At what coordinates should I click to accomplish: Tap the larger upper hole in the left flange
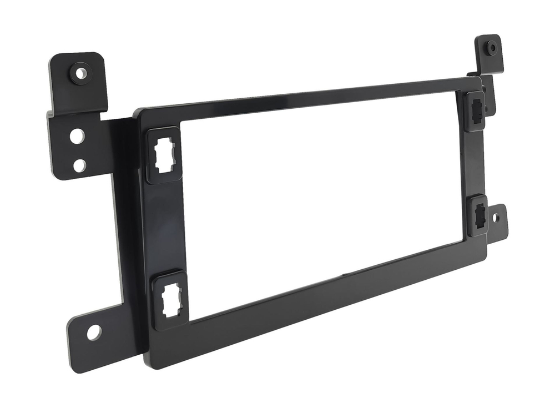pyautogui.click(x=77, y=135)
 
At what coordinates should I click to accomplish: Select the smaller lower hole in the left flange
pyautogui.click(x=79, y=165)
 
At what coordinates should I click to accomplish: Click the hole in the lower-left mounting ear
pyautogui.click(x=94, y=332)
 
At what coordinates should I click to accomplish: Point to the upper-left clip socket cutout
pyautogui.click(x=164, y=155)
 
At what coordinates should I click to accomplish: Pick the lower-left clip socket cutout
pyautogui.click(x=170, y=300)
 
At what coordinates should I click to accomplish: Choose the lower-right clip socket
pyautogui.click(x=478, y=214)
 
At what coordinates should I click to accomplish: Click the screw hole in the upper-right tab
pyautogui.click(x=492, y=48)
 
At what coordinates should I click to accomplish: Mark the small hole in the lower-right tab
pyautogui.click(x=496, y=218)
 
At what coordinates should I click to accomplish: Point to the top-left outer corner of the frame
pyautogui.click(x=137, y=111)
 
